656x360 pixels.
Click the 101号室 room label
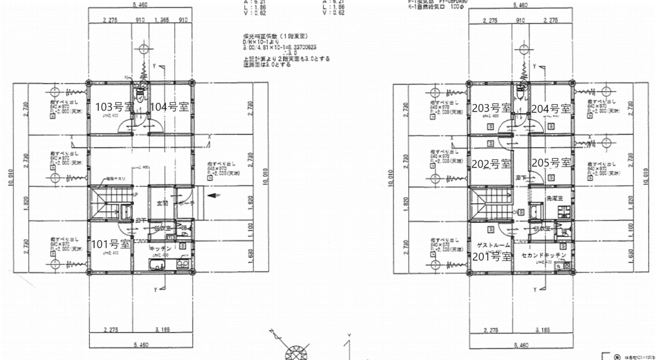pyautogui.click(x=111, y=244)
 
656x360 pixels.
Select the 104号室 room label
pyautogui.click(x=169, y=107)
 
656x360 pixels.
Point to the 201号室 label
pyautogui.click(x=492, y=256)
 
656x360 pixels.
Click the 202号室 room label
pyautogui.click(x=491, y=164)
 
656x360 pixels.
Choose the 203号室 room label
pyautogui.click(x=491, y=108)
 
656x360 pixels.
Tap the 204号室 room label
pyautogui.click(x=551, y=109)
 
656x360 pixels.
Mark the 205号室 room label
pyautogui.click(x=551, y=162)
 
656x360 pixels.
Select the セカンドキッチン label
pyautogui.click(x=544, y=255)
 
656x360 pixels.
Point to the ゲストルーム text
pyautogui.click(x=493, y=245)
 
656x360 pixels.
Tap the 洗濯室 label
pyautogui.click(x=555, y=198)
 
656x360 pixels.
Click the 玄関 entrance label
pyautogui.click(x=162, y=203)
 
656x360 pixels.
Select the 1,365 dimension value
pyautogui.click(x=161, y=20)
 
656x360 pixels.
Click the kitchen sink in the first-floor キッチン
pyautogui.click(x=157, y=265)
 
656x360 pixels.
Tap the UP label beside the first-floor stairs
pyautogui.click(x=135, y=195)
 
